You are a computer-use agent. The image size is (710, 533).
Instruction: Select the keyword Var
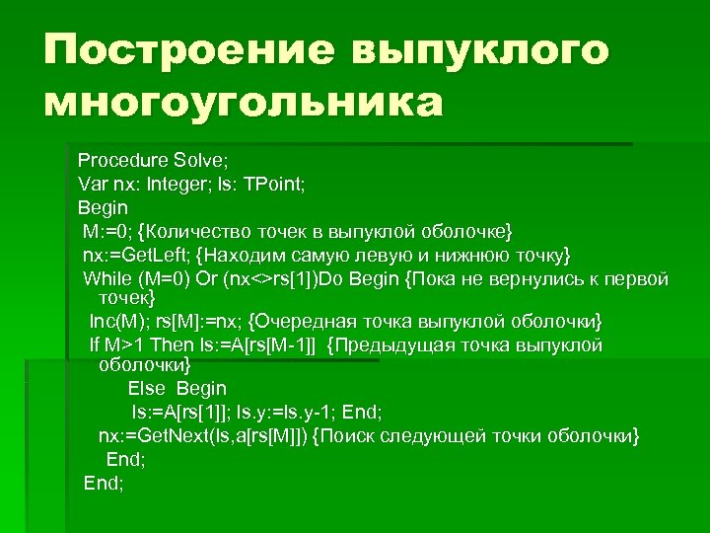(94, 184)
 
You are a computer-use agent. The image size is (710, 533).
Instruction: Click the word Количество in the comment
(198, 231)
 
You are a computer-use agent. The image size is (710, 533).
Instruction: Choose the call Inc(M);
(117, 322)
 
